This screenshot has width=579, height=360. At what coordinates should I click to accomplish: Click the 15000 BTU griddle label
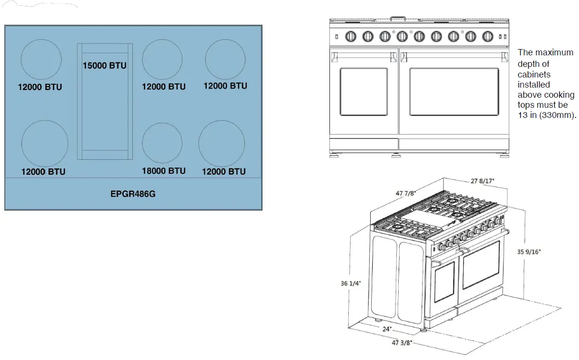(104, 65)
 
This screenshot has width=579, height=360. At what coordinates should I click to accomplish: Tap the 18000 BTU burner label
(164, 171)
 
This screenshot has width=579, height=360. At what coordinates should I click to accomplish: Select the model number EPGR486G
(133, 193)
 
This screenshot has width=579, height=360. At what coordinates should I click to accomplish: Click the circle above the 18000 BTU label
(162, 123)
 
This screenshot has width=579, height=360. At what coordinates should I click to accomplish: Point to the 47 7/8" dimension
(406, 193)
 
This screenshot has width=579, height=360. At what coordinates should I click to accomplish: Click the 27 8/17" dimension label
(482, 181)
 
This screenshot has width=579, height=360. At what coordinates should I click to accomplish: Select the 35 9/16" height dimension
(529, 252)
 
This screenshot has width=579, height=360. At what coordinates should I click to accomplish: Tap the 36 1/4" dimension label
(351, 283)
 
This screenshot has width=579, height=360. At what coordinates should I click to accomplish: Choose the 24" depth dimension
(387, 329)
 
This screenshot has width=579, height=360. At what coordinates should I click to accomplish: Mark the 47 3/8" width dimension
(402, 343)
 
